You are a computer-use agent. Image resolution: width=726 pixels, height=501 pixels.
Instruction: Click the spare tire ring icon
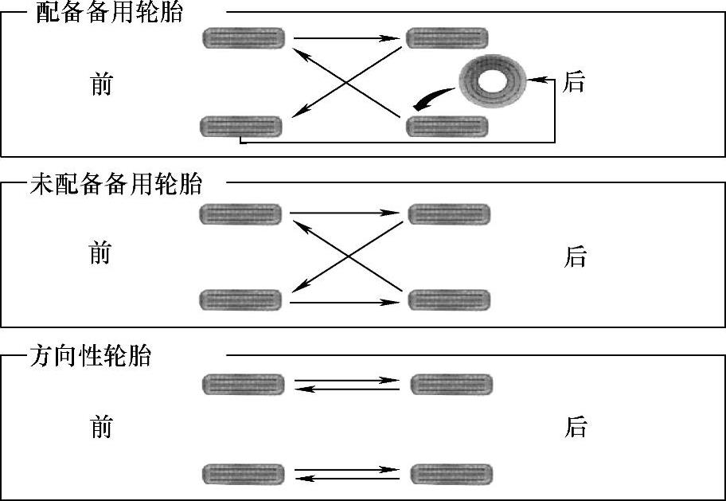click(x=490, y=81)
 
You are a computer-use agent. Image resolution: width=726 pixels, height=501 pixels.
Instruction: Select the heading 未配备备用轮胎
click(x=115, y=185)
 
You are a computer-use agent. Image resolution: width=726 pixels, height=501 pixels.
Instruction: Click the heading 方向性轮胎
click(x=90, y=356)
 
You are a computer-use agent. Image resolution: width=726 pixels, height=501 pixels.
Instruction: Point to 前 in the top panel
click(x=101, y=84)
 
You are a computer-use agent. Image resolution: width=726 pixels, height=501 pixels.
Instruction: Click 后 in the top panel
click(x=573, y=82)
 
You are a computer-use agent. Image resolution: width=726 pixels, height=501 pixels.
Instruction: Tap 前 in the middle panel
click(x=100, y=254)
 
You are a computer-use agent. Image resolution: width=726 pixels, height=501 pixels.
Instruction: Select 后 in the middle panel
click(x=575, y=256)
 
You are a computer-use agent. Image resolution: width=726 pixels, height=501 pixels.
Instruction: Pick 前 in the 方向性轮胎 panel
click(x=101, y=428)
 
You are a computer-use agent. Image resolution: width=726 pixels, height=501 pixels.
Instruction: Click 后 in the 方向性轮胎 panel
click(x=575, y=428)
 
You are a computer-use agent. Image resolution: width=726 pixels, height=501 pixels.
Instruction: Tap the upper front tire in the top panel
click(x=244, y=37)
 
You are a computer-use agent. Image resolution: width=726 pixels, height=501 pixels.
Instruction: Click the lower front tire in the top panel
click(x=240, y=126)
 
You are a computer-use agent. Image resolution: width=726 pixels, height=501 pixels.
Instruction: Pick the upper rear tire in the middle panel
click(x=449, y=214)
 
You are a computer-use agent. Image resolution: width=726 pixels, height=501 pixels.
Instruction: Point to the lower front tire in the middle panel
click(x=240, y=300)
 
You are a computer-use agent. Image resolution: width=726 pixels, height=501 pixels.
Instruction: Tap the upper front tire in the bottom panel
click(x=244, y=385)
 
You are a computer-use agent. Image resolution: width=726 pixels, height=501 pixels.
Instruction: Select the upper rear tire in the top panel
click(x=447, y=37)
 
